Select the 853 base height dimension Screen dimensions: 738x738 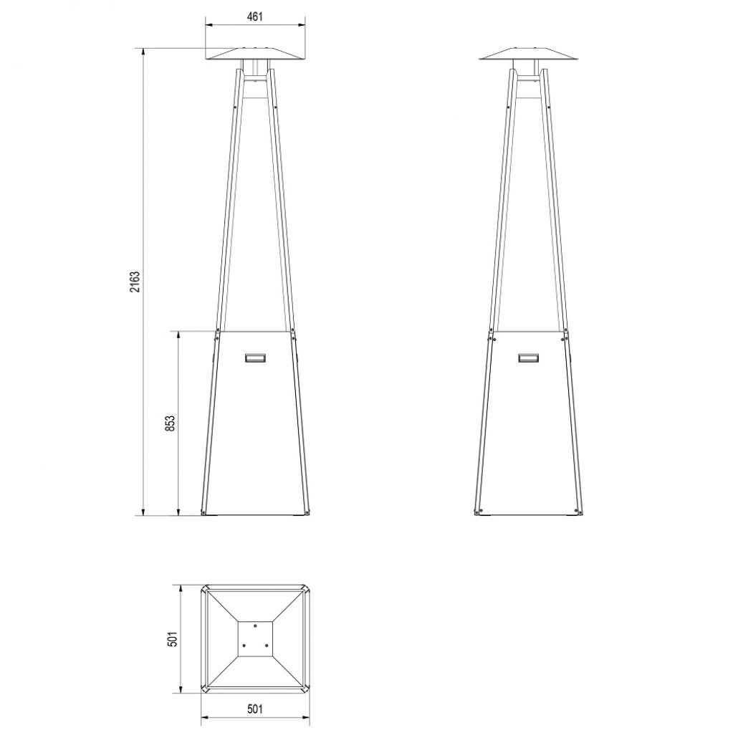pyautogui.click(x=170, y=423)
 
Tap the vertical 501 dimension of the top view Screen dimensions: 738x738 pyautogui.click(x=172, y=639)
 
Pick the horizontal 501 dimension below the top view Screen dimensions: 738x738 pyautogui.click(x=256, y=709)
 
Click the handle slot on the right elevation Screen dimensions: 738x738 pyautogui.click(x=529, y=357)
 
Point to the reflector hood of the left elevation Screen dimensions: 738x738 pyautogui.click(x=256, y=55)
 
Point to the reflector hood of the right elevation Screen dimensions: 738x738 pyautogui.click(x=529, y=55)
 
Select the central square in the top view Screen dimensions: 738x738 pyautogui.click(x=256, y=638)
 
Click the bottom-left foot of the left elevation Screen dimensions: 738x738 pyautogui.click(x=204, y=512)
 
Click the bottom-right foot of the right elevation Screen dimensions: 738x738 pyautogui.click(x=579, y=512)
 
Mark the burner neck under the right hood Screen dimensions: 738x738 pyautogui.click(x=529, y=70)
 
